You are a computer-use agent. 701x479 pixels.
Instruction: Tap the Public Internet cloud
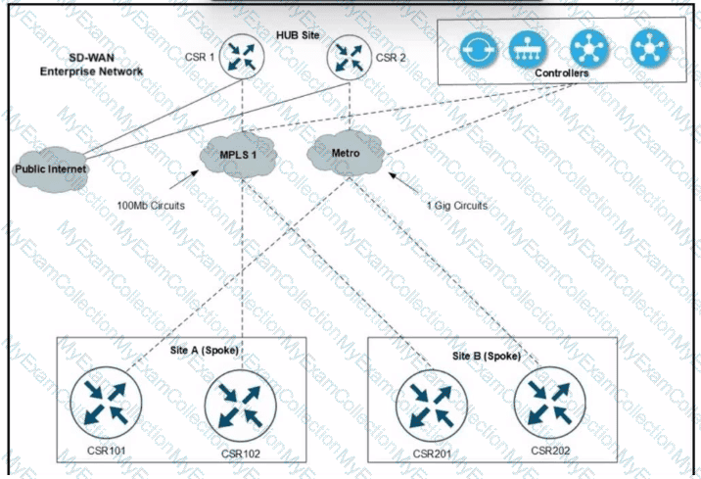tap(51, 168)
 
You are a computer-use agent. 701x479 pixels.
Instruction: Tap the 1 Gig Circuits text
tap(456, 206)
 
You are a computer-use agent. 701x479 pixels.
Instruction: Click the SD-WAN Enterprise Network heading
tap(91, 66)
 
